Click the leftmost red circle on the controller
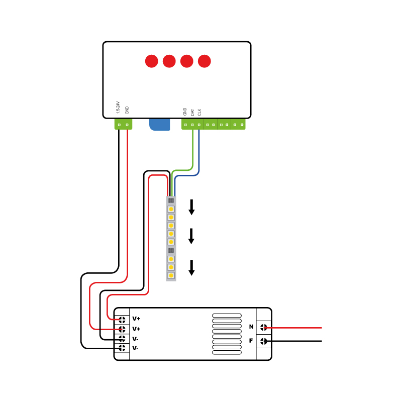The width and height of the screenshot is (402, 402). pos(151,61)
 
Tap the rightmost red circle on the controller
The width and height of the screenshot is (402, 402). pos(204,61)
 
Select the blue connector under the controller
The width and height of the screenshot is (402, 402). pos(159,125)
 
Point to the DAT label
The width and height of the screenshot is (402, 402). pos(192,112)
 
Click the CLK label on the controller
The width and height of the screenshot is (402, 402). pos(199,112)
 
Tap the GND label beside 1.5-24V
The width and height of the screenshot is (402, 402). pos(127,110)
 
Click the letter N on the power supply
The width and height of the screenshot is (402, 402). pos(251,327)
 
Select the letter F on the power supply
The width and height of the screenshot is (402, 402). pos(251,341)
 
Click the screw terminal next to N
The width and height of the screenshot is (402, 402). pos(263,327)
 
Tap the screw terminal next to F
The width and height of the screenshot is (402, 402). pos(263,341)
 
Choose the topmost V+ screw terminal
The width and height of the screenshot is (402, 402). pos(122,319)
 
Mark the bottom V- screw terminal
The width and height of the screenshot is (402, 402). pos(122,348)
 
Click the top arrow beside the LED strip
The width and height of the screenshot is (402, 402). pos(191,207)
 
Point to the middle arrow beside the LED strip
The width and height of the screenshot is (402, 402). pos(191,236)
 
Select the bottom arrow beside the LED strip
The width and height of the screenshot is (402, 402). pos(191,267)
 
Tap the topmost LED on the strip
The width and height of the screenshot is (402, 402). pos(171,209)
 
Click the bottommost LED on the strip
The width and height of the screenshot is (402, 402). pos(171,275)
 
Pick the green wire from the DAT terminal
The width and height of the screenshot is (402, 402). pos(192,151)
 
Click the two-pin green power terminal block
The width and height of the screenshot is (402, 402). pos(123,124)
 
